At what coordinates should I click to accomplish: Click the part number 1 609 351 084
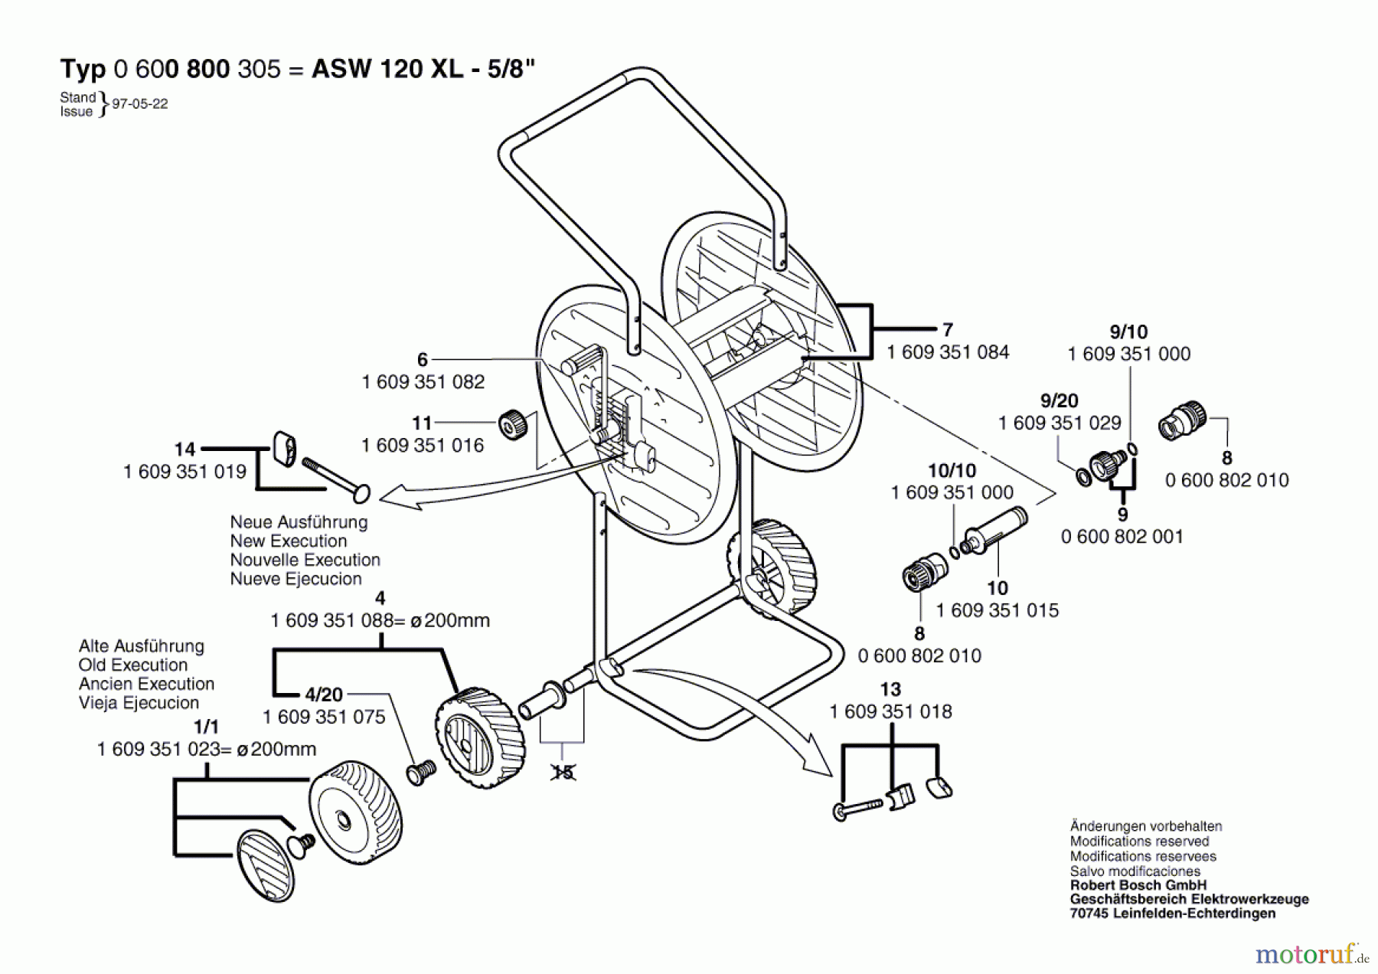pyautogui.click(x=948, y=352)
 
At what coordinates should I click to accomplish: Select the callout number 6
pyautogui.click(x=423, y=359)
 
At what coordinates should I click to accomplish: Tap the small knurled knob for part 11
pyautogui.click(x=513, y=425)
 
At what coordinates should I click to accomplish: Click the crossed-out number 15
pyautogui.click(x=563, y=773)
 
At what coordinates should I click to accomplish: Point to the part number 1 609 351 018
pyautogui.click(x=891, y=712)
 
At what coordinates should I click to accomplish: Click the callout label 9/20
pyautogui.click(x=1060, y=400)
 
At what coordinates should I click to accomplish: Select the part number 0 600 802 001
pyautogui.click(x=1122, y=537)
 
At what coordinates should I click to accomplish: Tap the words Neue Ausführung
pyautogui.click(x=299, y=522)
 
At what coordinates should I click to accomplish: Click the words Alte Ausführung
pyautogui.click(x=142, y=646)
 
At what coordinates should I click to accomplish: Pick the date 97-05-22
pyautogui.click(x=140, y=104)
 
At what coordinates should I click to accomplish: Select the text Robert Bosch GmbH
pyautogui.click(x=1138, y=886)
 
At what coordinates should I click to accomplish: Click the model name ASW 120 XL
pyautogui.click(x=387, y=69)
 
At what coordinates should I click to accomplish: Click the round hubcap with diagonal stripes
pyautogui.click(x=266, y=865)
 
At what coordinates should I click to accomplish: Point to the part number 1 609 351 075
pyautogui.click(x=324, y=717)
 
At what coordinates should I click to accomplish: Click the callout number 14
pyautogui.click(x=184, y=449)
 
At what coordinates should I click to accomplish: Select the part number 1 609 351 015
pyautogui.click(x=998, y=611)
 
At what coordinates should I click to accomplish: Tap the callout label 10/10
pyautogui.click(x=952, y=471)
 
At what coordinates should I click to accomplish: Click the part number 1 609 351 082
pyautogui.click(x=423, y=382)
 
